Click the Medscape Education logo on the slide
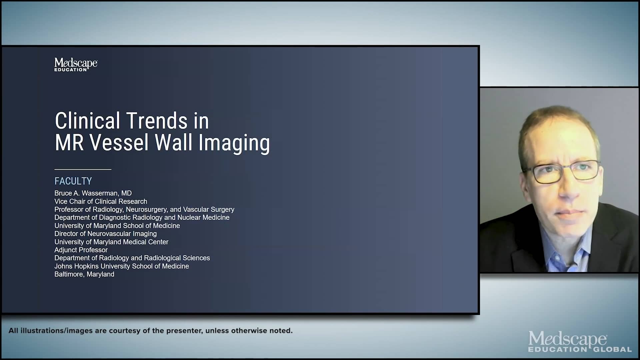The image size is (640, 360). [76, 64]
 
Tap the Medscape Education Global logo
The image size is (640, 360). [579, 342]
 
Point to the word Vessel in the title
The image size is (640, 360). [119, 143]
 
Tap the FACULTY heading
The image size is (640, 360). [73, 181]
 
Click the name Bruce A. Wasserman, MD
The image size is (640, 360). [93, 193]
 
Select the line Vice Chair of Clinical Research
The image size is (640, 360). [101, 201]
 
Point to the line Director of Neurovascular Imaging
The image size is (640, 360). [105, 234]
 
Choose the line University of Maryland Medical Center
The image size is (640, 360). [111, 242]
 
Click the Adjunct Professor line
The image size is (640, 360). [81, 250]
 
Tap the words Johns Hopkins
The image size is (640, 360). [76, 266]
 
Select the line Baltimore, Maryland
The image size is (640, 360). [84, 274]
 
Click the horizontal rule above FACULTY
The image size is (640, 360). [83, 169]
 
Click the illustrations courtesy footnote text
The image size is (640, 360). [150, 331]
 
